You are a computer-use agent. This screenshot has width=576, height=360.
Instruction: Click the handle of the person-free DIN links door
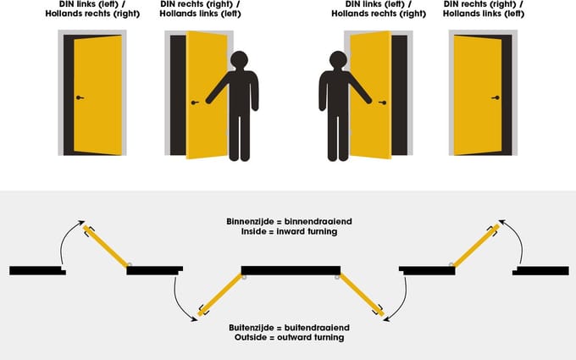(x=80, y=97)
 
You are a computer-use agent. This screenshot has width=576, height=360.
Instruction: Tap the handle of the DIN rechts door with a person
(x=195, y=102)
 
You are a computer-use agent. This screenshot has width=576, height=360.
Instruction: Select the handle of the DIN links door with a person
(x=383, y=102)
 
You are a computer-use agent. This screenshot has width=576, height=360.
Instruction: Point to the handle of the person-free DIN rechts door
(x=496, y=97)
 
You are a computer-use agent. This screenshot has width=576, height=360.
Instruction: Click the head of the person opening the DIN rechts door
(x=239, y=60)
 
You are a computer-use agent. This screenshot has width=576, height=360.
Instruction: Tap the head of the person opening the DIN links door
(x=338, y=60)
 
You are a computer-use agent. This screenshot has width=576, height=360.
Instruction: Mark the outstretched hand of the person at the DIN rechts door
(x=209, y=101)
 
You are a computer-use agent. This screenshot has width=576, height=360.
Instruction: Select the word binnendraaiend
(x=318, y=222)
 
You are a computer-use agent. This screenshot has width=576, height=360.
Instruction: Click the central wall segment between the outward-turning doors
(x=291, y=271)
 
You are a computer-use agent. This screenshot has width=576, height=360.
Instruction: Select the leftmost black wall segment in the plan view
(x=37, y=271)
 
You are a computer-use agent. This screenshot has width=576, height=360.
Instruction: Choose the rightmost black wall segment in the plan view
(x=540, y=271)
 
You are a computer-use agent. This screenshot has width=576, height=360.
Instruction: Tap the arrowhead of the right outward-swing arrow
(x=386, y=318)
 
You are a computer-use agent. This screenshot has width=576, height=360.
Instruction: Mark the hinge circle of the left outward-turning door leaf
(x=244, y=277)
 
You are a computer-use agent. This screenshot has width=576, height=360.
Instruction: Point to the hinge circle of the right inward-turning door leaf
(x=451, y=264)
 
